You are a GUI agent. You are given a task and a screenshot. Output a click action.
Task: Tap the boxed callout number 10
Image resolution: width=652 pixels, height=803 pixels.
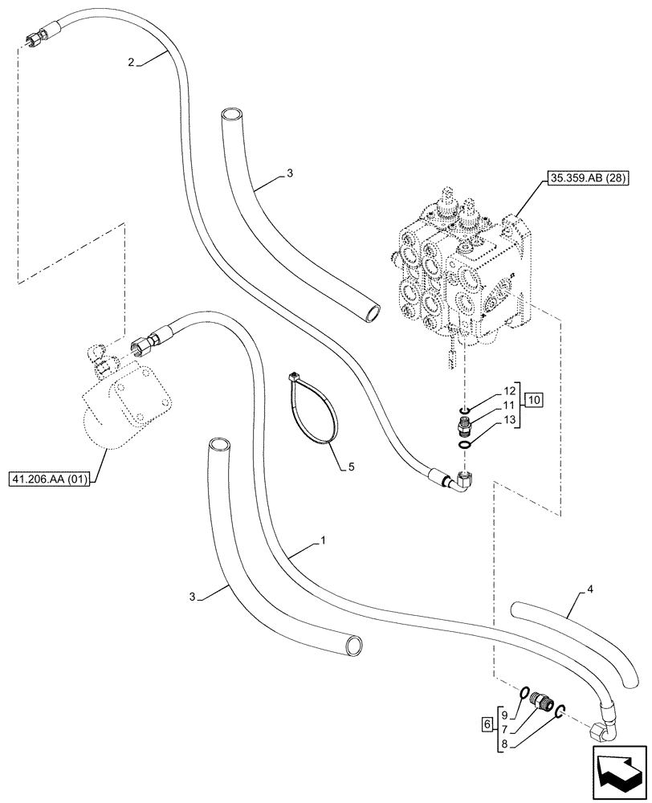click(x=534, y=399)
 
